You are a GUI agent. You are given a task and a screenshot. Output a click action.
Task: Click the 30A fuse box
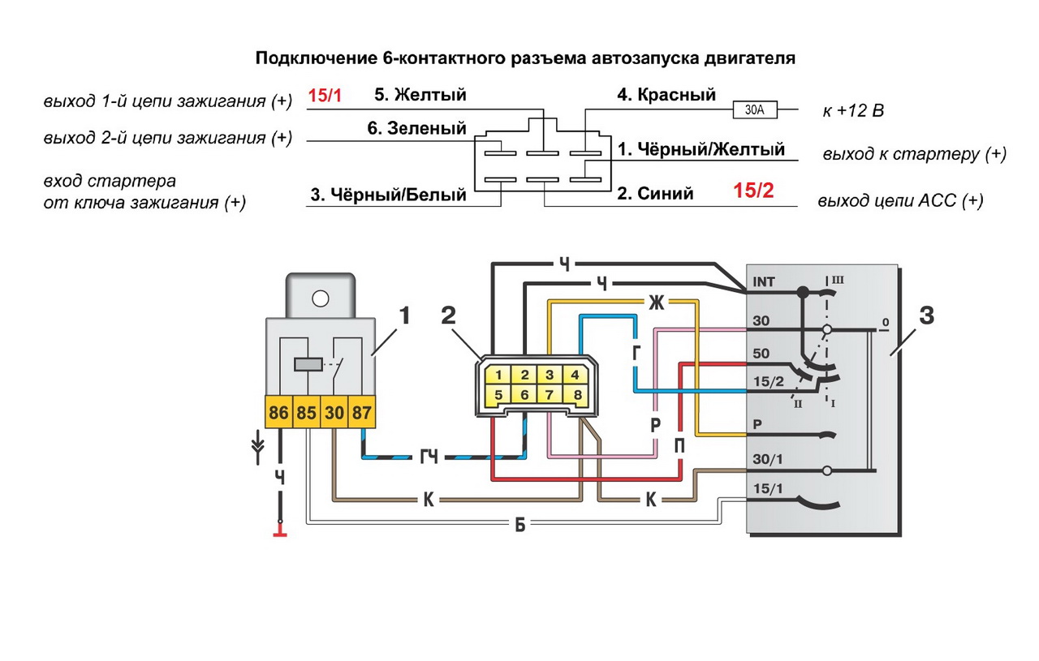(x=755, y=109)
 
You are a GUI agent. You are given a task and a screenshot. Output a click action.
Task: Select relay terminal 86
(x=278, y=413)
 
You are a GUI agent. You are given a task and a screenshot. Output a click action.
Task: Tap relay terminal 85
(x=306, y=413)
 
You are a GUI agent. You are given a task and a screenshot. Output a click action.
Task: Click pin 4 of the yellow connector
(x=574, y=375)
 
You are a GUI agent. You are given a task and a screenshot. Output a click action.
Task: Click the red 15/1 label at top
(x=325, y=96)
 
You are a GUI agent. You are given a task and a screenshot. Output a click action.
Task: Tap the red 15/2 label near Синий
(x=754, y=191)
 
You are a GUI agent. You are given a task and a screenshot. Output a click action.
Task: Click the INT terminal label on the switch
(x=764, y=282)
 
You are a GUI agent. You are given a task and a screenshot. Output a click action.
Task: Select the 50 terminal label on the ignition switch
(x=761, y=354)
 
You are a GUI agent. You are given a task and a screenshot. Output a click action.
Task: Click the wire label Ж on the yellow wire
(x=655, y=303)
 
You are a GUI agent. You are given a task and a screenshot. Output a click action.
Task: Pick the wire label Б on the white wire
(x=520, y=525)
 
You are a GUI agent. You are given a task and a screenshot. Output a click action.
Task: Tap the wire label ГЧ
(x=429, y=457)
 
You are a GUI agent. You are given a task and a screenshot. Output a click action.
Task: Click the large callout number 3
(x=926, y=315)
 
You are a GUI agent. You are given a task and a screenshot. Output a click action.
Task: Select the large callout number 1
(x=403, y=315)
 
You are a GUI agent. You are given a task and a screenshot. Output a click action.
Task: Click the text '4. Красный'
(x=666, y=95)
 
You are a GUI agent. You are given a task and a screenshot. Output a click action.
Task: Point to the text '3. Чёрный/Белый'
(x=388, y=195)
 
